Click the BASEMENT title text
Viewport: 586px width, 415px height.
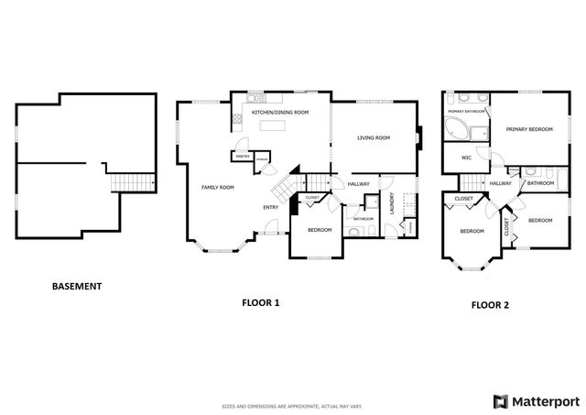click(x=77, y=287)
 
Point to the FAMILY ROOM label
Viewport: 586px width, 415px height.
click(x=218, y=188)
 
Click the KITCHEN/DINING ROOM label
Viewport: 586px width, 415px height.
click(x=280, y=112)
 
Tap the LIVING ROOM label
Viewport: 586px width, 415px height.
click(x=374, y=138)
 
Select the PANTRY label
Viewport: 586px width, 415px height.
click(x=243, y=157)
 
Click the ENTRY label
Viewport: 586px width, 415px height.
click(x=271, y=207)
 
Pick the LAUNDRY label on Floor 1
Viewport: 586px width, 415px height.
click(x=392, y=202)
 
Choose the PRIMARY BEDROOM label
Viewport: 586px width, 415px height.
click(x=529, y=130)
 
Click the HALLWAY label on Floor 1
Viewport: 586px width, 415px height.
click(x=358, y=184)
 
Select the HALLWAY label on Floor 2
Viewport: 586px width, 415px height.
click(x=500, y=183)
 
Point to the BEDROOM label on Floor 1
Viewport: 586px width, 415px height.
click(x=319, y=229)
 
